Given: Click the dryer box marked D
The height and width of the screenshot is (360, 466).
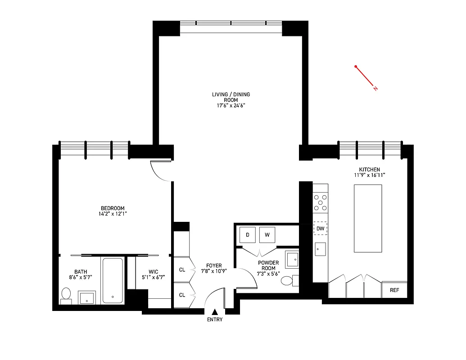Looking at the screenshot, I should [248, 234].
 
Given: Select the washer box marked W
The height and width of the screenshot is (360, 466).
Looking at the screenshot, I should [267, 234].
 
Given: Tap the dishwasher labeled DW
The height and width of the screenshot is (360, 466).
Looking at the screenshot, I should [320, 229].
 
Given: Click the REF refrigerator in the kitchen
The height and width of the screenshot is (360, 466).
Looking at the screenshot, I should [394, 290].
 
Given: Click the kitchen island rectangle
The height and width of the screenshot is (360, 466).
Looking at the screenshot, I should [368, 218].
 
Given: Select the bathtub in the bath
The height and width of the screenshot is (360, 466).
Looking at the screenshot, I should [112, 280].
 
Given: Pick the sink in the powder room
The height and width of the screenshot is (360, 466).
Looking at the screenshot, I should [292, 259].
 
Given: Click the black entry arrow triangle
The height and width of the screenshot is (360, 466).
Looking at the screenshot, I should [215, 311].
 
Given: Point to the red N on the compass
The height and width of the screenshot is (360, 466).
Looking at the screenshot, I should [375, 89].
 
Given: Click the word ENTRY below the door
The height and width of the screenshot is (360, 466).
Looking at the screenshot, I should [215, 320].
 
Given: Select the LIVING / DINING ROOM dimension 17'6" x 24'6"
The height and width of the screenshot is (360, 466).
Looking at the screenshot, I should [231, 106].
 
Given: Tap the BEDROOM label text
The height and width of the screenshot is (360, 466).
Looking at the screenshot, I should [113, 208].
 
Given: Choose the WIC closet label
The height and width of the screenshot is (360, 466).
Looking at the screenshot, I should [154, 271].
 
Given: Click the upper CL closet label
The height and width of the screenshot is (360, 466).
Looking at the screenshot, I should [182, 270].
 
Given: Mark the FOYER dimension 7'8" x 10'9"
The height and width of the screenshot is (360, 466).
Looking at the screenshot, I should [213, 271].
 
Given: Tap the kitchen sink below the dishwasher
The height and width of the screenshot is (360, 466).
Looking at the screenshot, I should [320, 247].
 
